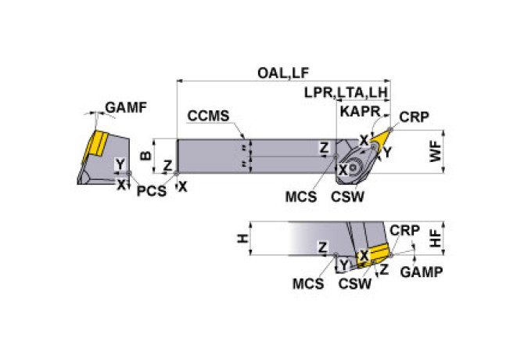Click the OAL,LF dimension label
(x=283, y=74)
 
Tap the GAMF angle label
(x=126, y=108)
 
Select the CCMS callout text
(x=209, y=116)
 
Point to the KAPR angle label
(x=360, y=112)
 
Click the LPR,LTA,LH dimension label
(x=346, y=92)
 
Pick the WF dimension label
(x=436, y=151)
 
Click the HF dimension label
(x=436, y=238)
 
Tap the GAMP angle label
(x=422, y=272)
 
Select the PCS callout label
(x=152, y=191)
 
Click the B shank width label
(x=145, y=156)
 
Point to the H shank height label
(x=243, y=239)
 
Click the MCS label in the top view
(x=301, y=196)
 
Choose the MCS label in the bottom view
(x=308, y=284)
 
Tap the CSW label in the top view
(x=347, y=196)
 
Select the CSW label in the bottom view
(x=355, y=284)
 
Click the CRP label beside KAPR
(x=414, y=117)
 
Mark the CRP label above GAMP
(x=404, y=231)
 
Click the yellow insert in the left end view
(x=95, y=146)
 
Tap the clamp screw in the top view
(x=353, y=167)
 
